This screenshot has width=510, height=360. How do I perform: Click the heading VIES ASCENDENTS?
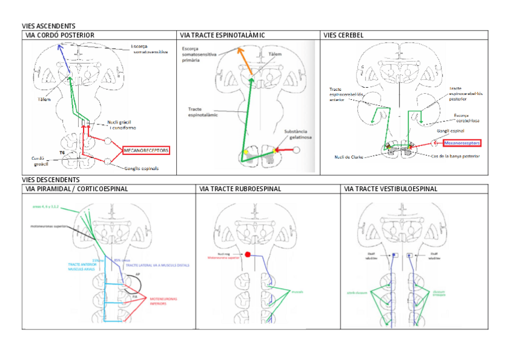48,26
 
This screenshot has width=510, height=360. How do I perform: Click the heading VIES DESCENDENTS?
51,180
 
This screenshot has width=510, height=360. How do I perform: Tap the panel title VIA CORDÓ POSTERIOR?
60,35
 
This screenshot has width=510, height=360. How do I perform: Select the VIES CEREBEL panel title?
343,35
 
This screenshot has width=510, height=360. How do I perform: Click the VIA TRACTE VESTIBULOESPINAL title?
390,189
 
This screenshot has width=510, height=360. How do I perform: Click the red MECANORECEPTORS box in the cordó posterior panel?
146,150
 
